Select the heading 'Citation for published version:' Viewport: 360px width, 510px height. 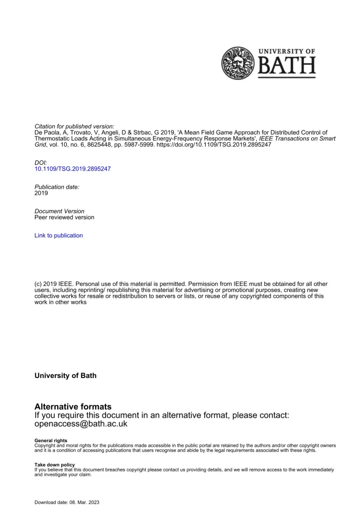coord(75,126)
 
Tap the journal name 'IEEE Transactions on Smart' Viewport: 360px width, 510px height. coord(298,139)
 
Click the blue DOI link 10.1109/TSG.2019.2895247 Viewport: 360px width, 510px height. coord(72,169)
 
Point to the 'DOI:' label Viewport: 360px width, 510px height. coord(41,162)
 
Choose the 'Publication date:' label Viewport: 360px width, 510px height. coord(57,187)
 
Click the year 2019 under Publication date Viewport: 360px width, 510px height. coord(41,193)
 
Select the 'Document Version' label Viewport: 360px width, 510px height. coord(59,211)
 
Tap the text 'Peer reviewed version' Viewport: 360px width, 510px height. coord(64,218)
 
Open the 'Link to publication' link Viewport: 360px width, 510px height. coord(59,236)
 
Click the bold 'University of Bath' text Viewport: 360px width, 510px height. coord(65,376)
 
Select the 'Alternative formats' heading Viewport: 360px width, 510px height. coord(73,407)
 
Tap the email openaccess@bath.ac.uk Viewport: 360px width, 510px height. coord(81,424)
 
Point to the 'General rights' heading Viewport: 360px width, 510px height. coord(51,441)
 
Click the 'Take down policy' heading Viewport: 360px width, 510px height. coord(55,465)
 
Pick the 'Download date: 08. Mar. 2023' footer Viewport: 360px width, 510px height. coord(67,503)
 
